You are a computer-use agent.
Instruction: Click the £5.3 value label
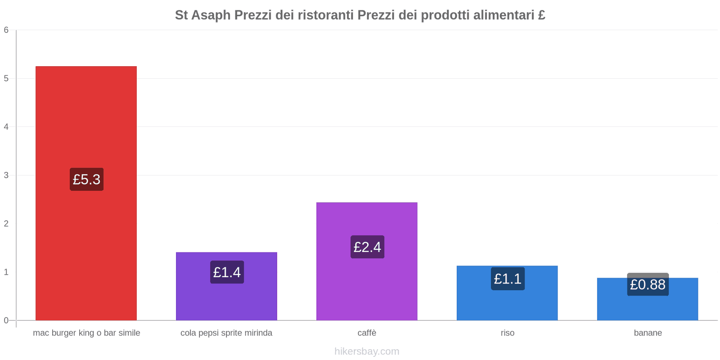86,179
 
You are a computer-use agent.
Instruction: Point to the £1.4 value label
227,272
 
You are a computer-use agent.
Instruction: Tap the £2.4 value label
367,247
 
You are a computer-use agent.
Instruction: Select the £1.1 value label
508,279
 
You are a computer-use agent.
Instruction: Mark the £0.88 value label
648,284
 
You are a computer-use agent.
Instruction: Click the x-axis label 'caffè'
367,333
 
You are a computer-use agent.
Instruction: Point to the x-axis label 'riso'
507,333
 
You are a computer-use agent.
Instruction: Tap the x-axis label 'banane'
648,333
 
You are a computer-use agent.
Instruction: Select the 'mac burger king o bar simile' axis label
86,333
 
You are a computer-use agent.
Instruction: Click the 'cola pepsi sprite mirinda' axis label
226,333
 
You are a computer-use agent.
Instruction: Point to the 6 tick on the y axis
6,30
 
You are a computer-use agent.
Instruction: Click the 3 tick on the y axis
6,175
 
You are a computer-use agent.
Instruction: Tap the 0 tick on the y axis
6,320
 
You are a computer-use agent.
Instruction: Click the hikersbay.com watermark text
367,351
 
